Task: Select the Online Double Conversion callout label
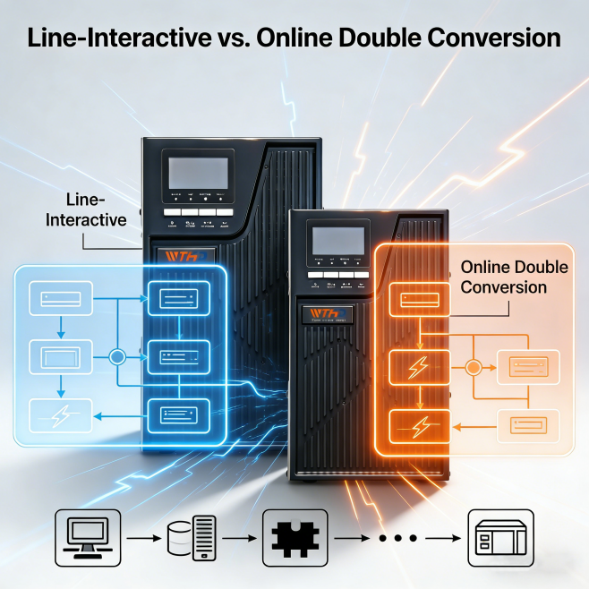(x=502, y=277)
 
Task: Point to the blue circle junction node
(x=115, y=357)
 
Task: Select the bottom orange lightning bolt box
(x=416, y=423)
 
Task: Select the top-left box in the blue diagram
(x=60, y=295)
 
